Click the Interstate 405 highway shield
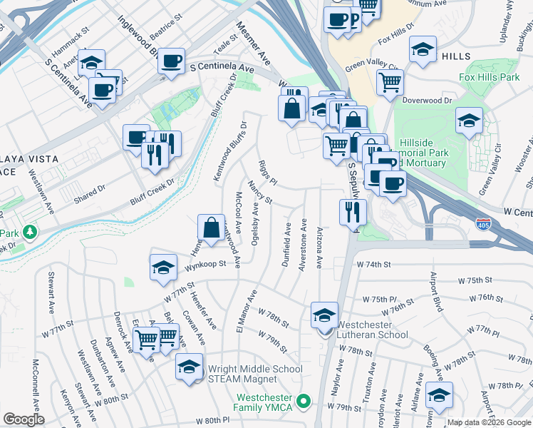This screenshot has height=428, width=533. click(x=482, y=223)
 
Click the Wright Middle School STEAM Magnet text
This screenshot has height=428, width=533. click(x=254, y=374)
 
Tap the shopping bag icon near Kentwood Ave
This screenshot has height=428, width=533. click(x=212, y=229)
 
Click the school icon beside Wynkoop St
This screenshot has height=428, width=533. click(x=164, y=268)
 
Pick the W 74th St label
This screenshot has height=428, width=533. click(x=374, y=264)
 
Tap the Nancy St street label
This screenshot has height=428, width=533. click(x=259, y=193)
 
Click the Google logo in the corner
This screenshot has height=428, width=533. click(x=23, y=419)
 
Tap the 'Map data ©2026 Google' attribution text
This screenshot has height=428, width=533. click(x=489, y=422)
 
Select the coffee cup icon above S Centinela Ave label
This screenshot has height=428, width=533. click(x=171, y=61)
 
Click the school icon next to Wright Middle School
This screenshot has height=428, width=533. click(x=189, y=367)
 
